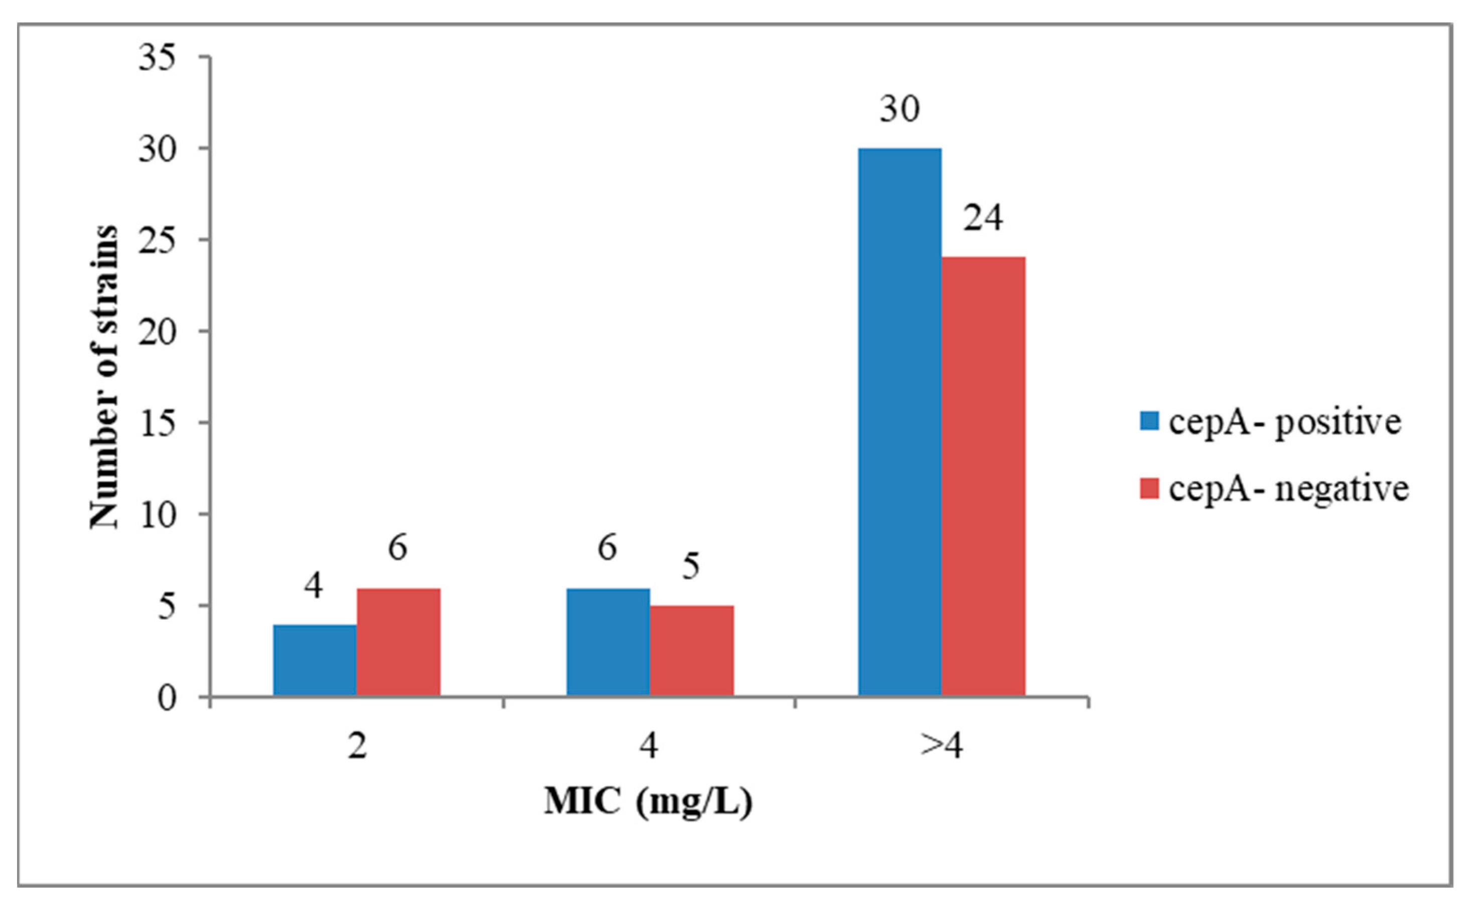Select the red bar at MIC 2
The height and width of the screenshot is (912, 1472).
coord(398,643)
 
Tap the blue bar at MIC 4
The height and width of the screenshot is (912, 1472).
coord(608,643)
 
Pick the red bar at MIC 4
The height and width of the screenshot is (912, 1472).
coord(691,652)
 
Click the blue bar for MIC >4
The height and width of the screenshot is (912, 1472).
coord(900,422)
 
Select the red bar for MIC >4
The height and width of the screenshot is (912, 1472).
coord(983,477)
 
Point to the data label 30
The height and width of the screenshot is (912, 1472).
coord(900,110)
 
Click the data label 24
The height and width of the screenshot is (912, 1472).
coord(983,218)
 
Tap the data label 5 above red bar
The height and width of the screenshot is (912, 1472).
coord(691,566)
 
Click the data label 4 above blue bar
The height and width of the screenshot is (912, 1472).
coord(313,585)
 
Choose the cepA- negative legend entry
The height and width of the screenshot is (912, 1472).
coord(1273,488)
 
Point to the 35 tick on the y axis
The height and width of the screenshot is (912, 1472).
coord(158,58)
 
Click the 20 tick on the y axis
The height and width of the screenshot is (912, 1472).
coord(158,332)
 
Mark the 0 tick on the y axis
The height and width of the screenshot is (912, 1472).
coord(167,698)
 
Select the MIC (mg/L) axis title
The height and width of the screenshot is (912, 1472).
coord(649,802)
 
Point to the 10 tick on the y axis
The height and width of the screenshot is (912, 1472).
coord(158,515)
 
